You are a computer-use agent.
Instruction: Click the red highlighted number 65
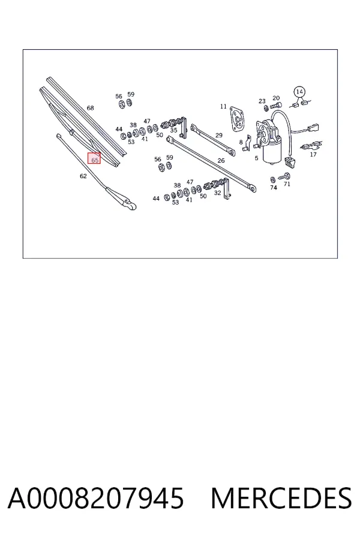coord(95,160)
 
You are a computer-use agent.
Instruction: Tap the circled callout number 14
coord(299,92)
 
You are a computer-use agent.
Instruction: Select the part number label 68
coord(90,108)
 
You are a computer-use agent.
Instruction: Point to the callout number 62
coord(83,176)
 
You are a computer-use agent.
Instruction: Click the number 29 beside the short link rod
coord(219,135)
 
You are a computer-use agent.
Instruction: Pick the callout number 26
coord(221,160)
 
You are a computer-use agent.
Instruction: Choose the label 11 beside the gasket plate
coord(223,106)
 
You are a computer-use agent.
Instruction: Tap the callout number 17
coord(313,154)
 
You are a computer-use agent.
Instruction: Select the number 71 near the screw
coord(287,184)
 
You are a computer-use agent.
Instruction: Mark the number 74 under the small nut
coord(274,188)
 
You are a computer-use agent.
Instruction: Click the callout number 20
coord(276,98)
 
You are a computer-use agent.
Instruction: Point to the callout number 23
coord(262,101)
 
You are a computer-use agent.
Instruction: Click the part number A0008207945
coord(96,498)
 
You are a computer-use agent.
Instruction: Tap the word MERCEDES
coord(281,498)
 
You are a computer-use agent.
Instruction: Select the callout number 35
coord(173,130)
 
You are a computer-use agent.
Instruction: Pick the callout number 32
coord(217,193)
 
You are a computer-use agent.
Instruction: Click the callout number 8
coord(241,142)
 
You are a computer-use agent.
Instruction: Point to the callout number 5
coord(256,158)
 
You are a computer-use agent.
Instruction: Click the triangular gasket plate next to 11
coord(238,119)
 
